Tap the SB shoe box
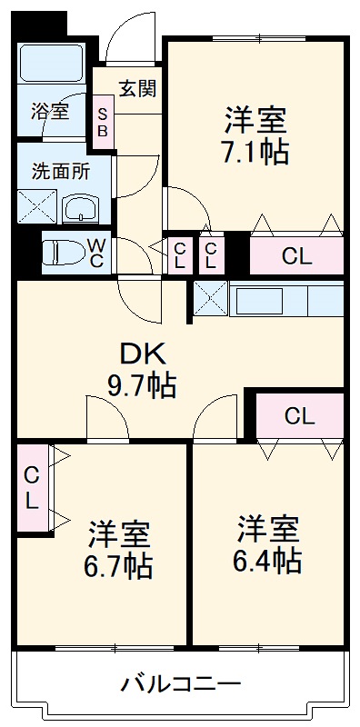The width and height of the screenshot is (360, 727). coord(102,122)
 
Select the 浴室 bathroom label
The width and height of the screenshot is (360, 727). coord(50,112)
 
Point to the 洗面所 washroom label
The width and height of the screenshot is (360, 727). coord(60,170)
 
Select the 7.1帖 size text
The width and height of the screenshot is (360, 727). coord(255,150)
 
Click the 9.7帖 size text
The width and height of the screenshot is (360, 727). coord(143,386)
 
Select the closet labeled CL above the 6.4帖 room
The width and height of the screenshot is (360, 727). coord(299,416)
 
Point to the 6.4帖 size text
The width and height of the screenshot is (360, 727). coord(269,560)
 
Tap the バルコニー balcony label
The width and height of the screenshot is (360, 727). coord(181,683)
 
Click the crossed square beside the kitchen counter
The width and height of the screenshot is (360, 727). coord(210,298)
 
